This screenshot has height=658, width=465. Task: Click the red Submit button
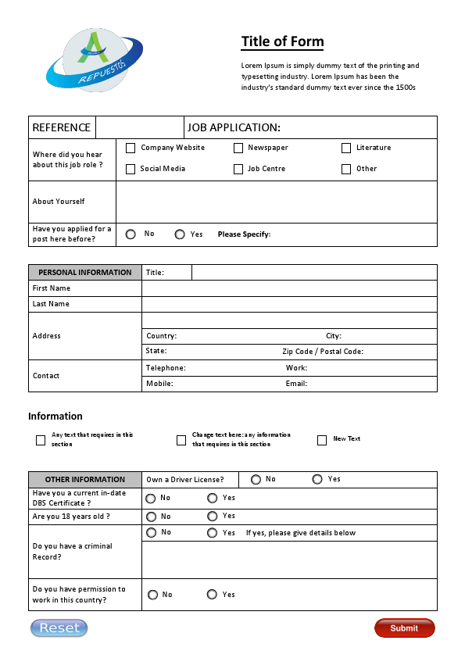click(404, 628)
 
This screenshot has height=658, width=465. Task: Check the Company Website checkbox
click(131, 148)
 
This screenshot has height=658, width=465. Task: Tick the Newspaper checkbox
click(238, 148)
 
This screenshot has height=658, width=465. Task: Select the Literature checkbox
click(346, 148)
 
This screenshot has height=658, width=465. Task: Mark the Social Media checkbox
click(131, 169)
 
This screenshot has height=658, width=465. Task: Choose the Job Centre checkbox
click(238, 169)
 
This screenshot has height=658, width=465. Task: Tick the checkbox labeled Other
click(346, 169)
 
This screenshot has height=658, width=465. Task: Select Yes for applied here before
click(180, 234)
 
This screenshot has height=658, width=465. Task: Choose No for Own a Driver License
click(256, 479)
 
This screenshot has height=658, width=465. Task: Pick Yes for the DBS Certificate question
click(213, 498)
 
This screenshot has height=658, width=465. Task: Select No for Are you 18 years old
click(151, 517)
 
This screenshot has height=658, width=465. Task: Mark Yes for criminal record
click(213, 533)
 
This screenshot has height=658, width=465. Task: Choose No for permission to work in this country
click(152, 595)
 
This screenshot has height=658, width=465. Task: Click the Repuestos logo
click(94, 60)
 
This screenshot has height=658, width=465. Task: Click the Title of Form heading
click(282, 42)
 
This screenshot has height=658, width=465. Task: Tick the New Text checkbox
click(322, 440)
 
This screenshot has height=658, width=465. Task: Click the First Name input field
click(289, 288)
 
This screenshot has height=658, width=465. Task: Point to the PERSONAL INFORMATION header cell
click(85, 273)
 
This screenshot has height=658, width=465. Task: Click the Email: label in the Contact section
click(296, 384)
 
